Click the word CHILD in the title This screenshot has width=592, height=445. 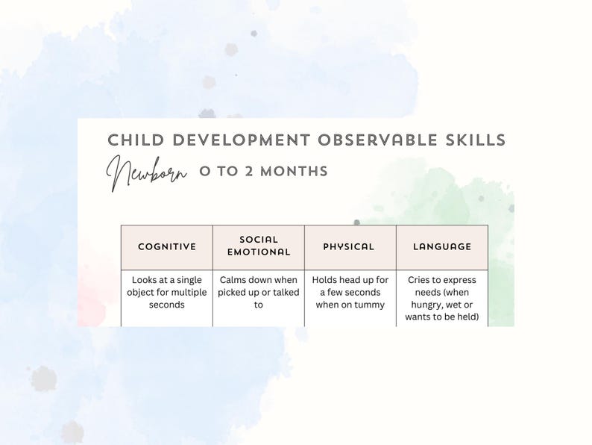132,140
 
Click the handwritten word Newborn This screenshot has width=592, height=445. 146,172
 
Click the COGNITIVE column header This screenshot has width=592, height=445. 167,246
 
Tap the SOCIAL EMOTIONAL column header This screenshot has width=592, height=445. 259,246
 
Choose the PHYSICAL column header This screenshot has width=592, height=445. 349,246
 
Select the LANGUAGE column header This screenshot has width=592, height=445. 442,246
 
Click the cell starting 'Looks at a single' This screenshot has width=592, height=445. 167,293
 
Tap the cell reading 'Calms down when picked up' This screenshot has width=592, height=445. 259,293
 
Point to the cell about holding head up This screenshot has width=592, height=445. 350,293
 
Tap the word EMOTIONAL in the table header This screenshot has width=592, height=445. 259,252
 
